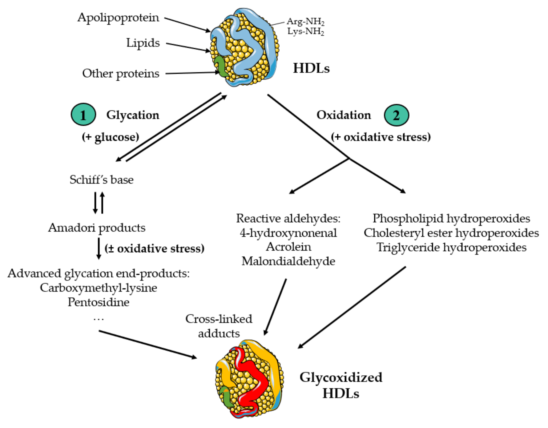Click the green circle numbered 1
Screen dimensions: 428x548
[83, 114]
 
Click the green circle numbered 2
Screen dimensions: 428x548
[396, 115]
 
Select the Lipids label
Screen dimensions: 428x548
[143, 43]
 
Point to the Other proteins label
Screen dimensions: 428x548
[121, 73]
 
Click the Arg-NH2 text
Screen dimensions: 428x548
[305, 22]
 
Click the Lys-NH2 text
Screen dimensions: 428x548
[305, 32]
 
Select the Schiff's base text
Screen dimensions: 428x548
[101, 180]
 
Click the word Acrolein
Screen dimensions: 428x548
[288, 247]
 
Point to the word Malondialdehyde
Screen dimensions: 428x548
[288, 261]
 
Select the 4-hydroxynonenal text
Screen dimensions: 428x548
[288, 233]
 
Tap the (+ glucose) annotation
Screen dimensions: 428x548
[110, 137]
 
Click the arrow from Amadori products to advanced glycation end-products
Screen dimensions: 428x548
[99, 248]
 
